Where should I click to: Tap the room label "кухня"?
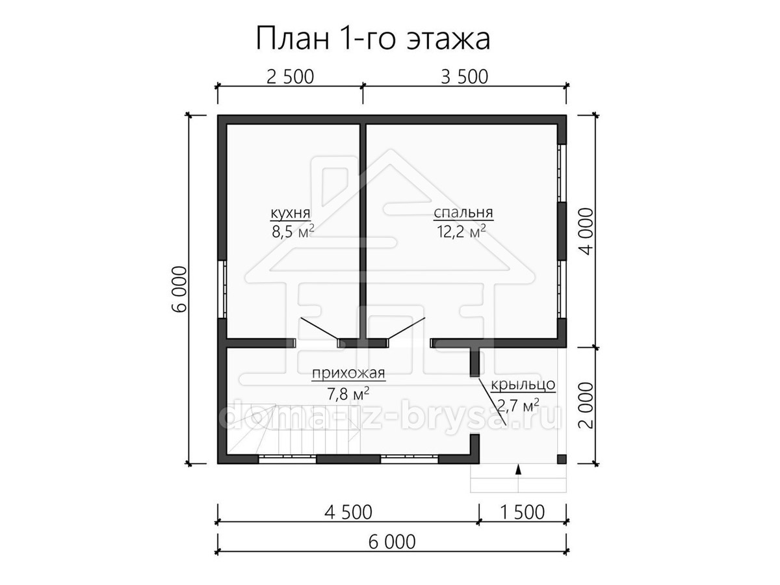point(291,213)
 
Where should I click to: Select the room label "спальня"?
point(463,213)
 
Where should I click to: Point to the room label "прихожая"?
point(348,373)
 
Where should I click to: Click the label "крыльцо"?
point(523,385)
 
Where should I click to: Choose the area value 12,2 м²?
point(461,231)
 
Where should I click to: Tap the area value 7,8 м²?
point(348,393)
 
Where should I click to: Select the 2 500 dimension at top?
point(291,77)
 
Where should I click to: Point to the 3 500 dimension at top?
point(465,77)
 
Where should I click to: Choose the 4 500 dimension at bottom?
point(348,513)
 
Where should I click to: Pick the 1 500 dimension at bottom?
point(523,513)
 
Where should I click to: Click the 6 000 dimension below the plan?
point(392,542)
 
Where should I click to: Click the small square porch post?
point(562,459)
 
